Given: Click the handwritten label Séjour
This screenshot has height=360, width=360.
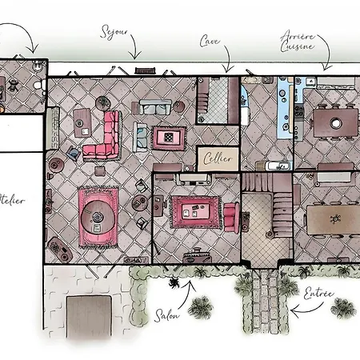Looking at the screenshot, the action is [114, 32].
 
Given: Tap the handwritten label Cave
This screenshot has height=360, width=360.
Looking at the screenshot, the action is [210, 41].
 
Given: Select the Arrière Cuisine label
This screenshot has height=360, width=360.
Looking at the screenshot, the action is [298, 42].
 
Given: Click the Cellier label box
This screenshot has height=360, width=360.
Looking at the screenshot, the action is [218, 159].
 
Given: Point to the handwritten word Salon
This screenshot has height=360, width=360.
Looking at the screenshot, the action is [166, 315].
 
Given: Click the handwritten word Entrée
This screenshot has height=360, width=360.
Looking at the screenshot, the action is [318, 294].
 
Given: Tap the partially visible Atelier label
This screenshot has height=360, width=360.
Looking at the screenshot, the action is [12, 200].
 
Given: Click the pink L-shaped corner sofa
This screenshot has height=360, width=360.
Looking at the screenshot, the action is [102, 137].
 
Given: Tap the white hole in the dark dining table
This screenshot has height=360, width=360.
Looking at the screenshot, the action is [335, 123].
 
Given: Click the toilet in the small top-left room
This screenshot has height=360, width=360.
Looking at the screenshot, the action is [39, 85].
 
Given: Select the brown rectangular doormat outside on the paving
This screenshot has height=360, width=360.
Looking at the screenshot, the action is [89, 317].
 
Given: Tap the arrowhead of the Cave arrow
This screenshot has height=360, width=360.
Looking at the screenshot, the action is [227, 69].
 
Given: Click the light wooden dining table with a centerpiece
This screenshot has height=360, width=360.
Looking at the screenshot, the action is [334, 220].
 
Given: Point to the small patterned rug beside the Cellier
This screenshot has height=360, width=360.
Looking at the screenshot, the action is [169, 138].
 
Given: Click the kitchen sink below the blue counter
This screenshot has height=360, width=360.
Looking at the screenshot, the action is [278, 166].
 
